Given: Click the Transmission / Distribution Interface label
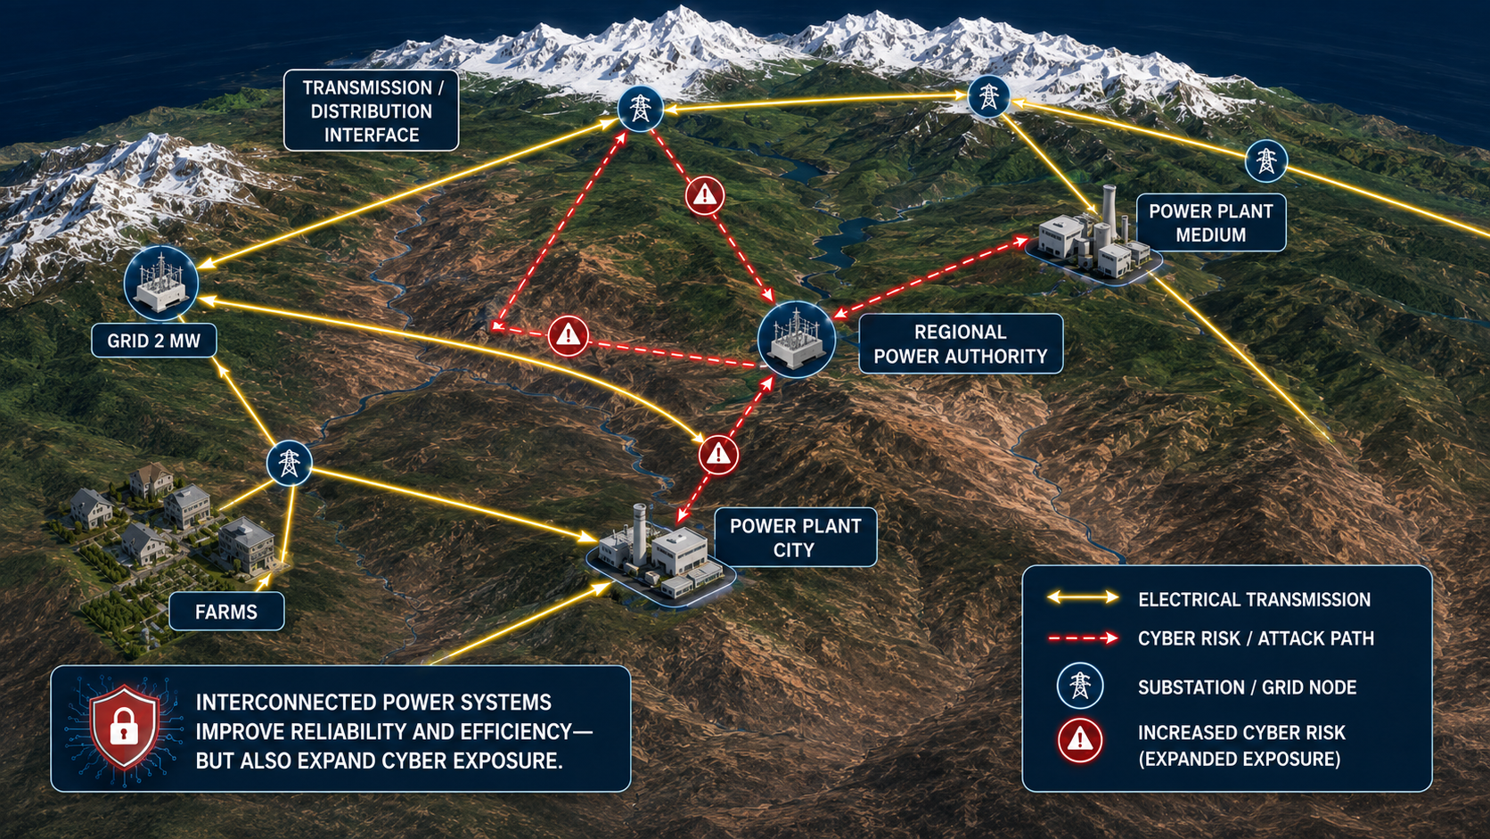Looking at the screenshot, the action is (372, 111).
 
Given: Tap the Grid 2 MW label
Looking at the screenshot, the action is (153, 341).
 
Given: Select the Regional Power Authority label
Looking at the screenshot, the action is (961, 344).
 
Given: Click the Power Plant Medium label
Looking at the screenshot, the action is (1210, 223).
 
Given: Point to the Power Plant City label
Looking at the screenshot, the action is (796, 538).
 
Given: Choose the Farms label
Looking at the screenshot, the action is (226, 612).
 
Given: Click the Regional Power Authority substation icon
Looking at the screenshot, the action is (796, 340).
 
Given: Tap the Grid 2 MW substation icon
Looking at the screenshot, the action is (161, 283).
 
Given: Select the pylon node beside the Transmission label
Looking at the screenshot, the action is (640, 108).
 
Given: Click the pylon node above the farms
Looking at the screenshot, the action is (290, 463).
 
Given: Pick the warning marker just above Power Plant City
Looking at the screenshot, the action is (718, 455).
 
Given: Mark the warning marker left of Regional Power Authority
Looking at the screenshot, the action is (568, 335).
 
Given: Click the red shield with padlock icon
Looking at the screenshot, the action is (125, 728).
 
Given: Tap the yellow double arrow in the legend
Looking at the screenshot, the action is (1083, 597).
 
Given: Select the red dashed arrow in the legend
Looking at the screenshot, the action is (1083, 638).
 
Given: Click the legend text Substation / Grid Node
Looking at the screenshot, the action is (1248, 687).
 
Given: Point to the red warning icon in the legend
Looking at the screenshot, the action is (1079, 740).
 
